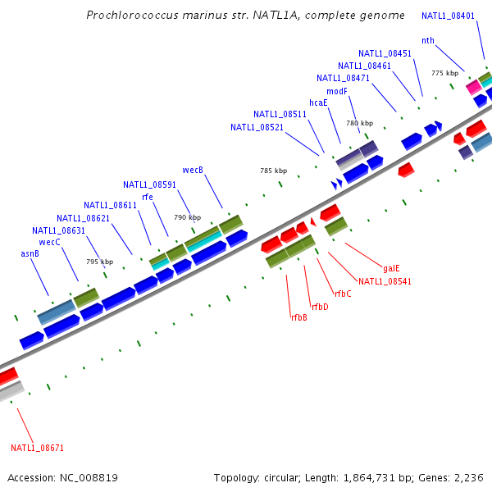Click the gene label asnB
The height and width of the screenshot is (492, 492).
[30, 254]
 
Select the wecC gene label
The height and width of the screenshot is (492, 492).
[50, 243]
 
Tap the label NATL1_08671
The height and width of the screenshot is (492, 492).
[37, 449]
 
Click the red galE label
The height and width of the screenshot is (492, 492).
[392, 268]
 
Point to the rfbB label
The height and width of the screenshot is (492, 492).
[298, 317]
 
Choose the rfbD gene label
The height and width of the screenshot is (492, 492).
[320, 307]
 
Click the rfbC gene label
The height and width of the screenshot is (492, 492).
[343, 294]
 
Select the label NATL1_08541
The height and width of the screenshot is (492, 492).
[385, 281]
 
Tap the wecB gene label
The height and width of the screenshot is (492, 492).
[193, 171]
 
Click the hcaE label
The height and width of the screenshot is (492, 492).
[318, 103]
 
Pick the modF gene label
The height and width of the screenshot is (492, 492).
[337, 91]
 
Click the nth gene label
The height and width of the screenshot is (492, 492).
[428, 41]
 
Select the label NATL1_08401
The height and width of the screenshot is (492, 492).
[448, 16]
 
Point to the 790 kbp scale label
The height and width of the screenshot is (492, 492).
[187, 218]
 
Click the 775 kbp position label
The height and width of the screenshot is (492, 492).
[444, 74]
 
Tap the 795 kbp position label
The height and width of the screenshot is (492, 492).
[99, 262]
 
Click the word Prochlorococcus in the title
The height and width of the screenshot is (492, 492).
[134, 16]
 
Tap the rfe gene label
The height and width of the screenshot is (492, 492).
[148, 197]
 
